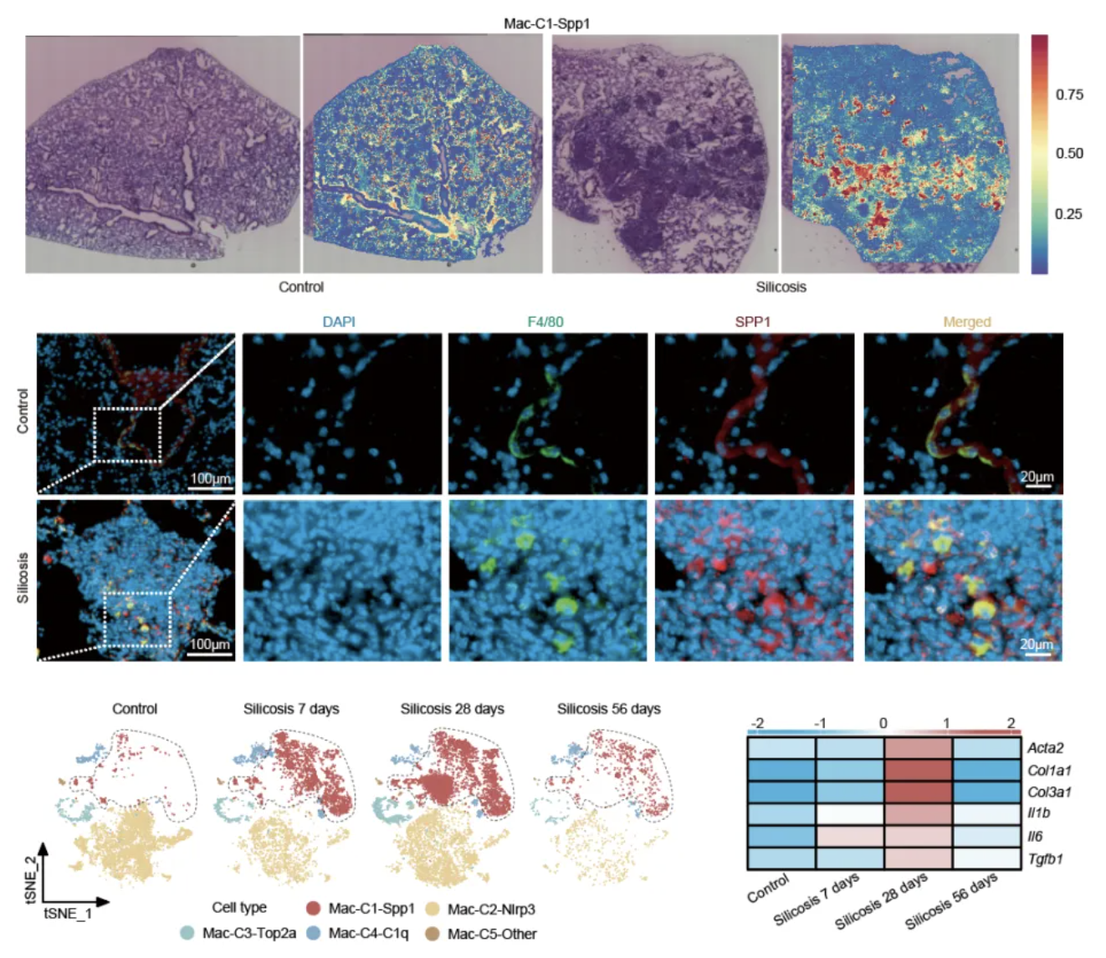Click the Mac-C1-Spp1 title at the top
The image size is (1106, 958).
(546, 23)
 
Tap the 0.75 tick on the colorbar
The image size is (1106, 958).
(1069, 94)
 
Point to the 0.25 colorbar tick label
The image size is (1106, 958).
(1068, 214)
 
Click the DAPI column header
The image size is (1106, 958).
(339, 322)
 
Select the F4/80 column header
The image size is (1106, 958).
(545, 322)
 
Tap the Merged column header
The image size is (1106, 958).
(967, 322)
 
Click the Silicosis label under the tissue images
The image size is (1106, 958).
(781, 287)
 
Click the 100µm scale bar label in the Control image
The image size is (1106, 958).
(210, 477)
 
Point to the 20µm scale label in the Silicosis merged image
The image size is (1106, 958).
(1037, 645)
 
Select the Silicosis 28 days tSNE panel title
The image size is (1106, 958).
(452, 709)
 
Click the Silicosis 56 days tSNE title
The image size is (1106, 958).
(609, 709)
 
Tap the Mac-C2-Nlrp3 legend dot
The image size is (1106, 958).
(433, 909)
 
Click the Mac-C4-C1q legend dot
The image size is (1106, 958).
(313, 934)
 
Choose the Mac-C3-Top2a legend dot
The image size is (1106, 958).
(187, 934)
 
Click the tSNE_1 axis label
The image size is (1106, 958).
(68, 913)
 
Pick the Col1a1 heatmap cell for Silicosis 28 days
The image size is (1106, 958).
(919, 771)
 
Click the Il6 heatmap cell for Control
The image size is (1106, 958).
(781, 836)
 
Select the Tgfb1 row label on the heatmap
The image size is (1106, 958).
(1045, 859)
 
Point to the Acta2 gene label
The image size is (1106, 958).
(1045, 748)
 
